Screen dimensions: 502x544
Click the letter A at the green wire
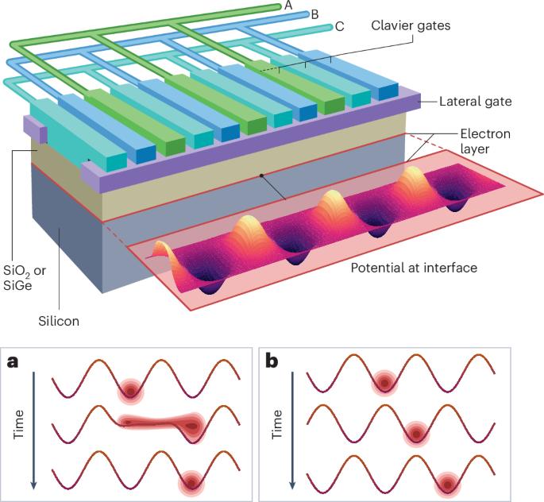point(289,6)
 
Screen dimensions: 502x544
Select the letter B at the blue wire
point(314,14)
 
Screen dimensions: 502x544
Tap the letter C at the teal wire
point(339,26)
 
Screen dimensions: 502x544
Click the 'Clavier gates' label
point(411,25)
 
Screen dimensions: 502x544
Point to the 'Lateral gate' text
point(475,101)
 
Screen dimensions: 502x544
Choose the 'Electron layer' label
point(485,141)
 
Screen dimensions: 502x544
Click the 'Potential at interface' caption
point(414,268)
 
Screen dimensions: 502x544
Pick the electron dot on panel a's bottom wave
point(190,480)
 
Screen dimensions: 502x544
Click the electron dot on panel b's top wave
point(385,383)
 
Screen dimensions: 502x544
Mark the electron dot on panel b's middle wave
point(415,433)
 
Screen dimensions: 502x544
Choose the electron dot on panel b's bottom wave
point(447,482)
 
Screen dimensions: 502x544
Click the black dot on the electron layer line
point(260,174)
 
